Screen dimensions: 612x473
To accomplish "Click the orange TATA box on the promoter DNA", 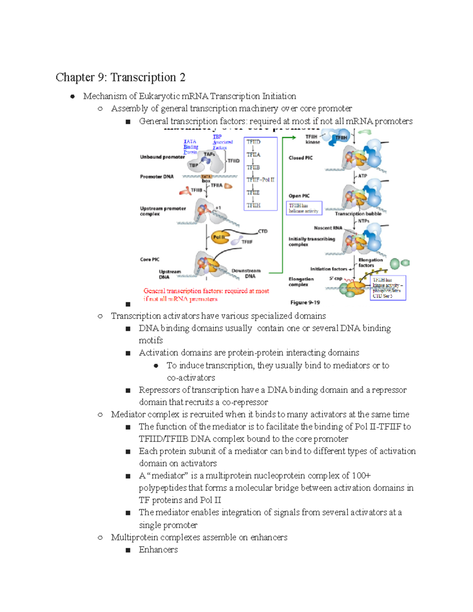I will [206, 177].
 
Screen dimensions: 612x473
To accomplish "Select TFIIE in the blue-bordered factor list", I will [253, 193].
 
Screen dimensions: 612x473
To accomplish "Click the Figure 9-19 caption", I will [305, 303].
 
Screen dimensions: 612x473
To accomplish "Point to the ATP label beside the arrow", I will [363, 176].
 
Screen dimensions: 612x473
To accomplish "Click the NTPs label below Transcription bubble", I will [363, 221].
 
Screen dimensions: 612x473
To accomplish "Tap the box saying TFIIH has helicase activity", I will [304, 208].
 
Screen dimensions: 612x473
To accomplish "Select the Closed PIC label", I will [300, 158].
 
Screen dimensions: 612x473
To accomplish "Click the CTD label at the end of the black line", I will [263, 231].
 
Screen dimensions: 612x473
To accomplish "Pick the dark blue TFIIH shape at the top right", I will [341, 138].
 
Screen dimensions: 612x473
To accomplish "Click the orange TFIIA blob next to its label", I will [228, 186].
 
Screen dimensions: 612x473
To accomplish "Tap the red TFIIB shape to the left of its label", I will [184, 192].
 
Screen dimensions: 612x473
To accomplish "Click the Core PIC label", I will [150, 259].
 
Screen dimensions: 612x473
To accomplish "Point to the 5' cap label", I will [335, 278].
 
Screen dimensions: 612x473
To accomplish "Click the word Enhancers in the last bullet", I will [158, 549].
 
